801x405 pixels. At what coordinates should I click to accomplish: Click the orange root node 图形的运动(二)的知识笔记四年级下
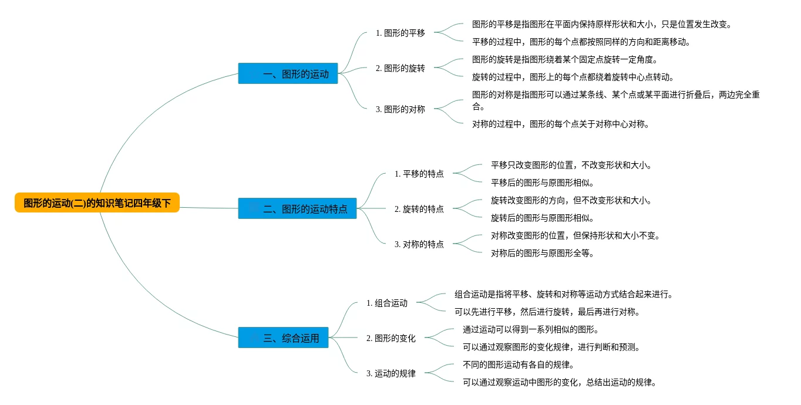pos(97,203)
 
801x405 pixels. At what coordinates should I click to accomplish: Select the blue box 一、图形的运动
pos(288,73)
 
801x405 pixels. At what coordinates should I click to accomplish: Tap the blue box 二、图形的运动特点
pos(297,208)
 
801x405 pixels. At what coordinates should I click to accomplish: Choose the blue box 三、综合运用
pos(283,338)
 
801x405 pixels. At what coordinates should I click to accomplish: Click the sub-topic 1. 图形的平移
pos(400,33)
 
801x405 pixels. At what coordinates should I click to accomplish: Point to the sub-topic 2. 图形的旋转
pos(400,68)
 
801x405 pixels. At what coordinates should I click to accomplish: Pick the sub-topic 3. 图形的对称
pos(400,109)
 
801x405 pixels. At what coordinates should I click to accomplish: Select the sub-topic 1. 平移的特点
pos(419,174)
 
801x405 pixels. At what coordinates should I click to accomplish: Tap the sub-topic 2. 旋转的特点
pos(419,209)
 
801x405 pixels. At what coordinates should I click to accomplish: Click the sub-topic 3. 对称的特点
pos(419,244)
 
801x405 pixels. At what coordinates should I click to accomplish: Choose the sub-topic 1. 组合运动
pos(387,303)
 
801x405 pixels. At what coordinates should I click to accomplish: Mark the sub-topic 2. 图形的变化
pos(391,338)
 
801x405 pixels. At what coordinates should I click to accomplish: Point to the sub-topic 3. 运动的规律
pos(391,373)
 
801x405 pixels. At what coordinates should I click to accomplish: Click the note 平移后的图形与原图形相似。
pos(542,183)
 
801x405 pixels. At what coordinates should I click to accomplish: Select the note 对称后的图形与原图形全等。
pos(542,253)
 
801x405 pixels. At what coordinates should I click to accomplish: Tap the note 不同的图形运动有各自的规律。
pos(518,365)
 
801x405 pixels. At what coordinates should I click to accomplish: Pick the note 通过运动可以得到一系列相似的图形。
pos(531,329)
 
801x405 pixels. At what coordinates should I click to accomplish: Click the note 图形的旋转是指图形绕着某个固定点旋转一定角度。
pos(564,59)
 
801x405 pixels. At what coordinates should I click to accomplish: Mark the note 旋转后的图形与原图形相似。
pos(542,218)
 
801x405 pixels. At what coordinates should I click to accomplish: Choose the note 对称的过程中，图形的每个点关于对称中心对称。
pos(560,124)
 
